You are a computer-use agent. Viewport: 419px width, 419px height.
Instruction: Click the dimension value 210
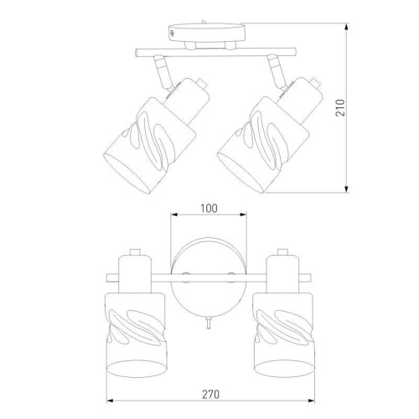tap(340, 107)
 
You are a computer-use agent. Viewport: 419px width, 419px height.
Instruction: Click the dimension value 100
tap(209, 209)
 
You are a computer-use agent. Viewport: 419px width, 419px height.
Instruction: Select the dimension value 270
tap(210, 395)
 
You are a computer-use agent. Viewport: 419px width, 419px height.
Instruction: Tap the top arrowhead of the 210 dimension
tap(346, 28)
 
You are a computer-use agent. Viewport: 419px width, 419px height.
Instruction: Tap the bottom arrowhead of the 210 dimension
tap(346, 189)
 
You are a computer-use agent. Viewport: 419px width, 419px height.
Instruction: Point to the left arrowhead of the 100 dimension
tap(174, 215)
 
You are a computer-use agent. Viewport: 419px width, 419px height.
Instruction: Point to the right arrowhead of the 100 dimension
tap(243, 215)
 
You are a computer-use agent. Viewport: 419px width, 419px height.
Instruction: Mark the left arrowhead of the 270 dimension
tap(111, 401)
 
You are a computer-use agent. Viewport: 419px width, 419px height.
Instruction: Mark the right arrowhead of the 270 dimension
tap(311, 401)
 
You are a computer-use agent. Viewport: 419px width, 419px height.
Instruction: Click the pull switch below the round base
tap(209, 323)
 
